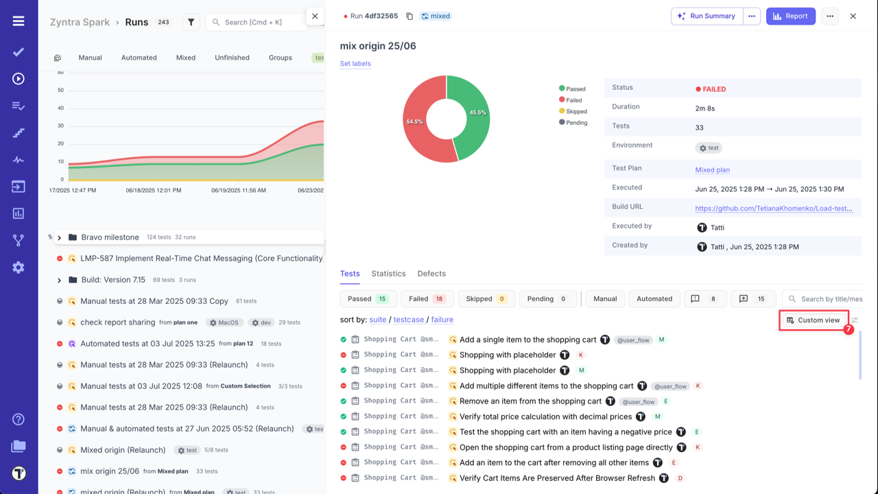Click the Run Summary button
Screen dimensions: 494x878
click(x=707, y=16)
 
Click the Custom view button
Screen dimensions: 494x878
click(x=814, y=320)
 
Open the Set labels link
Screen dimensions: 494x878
click(x=355, y=64)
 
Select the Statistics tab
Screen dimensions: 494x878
click(x=388, y=274)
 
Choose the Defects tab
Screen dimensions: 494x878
click(x=431, y=274)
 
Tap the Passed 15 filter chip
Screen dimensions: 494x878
click(x=368, y=299)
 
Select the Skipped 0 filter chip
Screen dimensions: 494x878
click(x=486, y=299)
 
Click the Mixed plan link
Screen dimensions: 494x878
click(x=712, y=170)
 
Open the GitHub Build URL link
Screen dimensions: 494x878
click(x=774, y=209)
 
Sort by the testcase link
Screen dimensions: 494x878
click(x=409, y=320)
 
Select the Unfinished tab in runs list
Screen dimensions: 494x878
click(x=232, y=58)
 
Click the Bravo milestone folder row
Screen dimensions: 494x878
click(x=110, y=237)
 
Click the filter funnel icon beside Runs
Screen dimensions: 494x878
click(x=191, y=23)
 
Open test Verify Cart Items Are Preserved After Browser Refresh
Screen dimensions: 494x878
click(x=557, y=478)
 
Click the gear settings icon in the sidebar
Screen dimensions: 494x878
click(x=19, y=268)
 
